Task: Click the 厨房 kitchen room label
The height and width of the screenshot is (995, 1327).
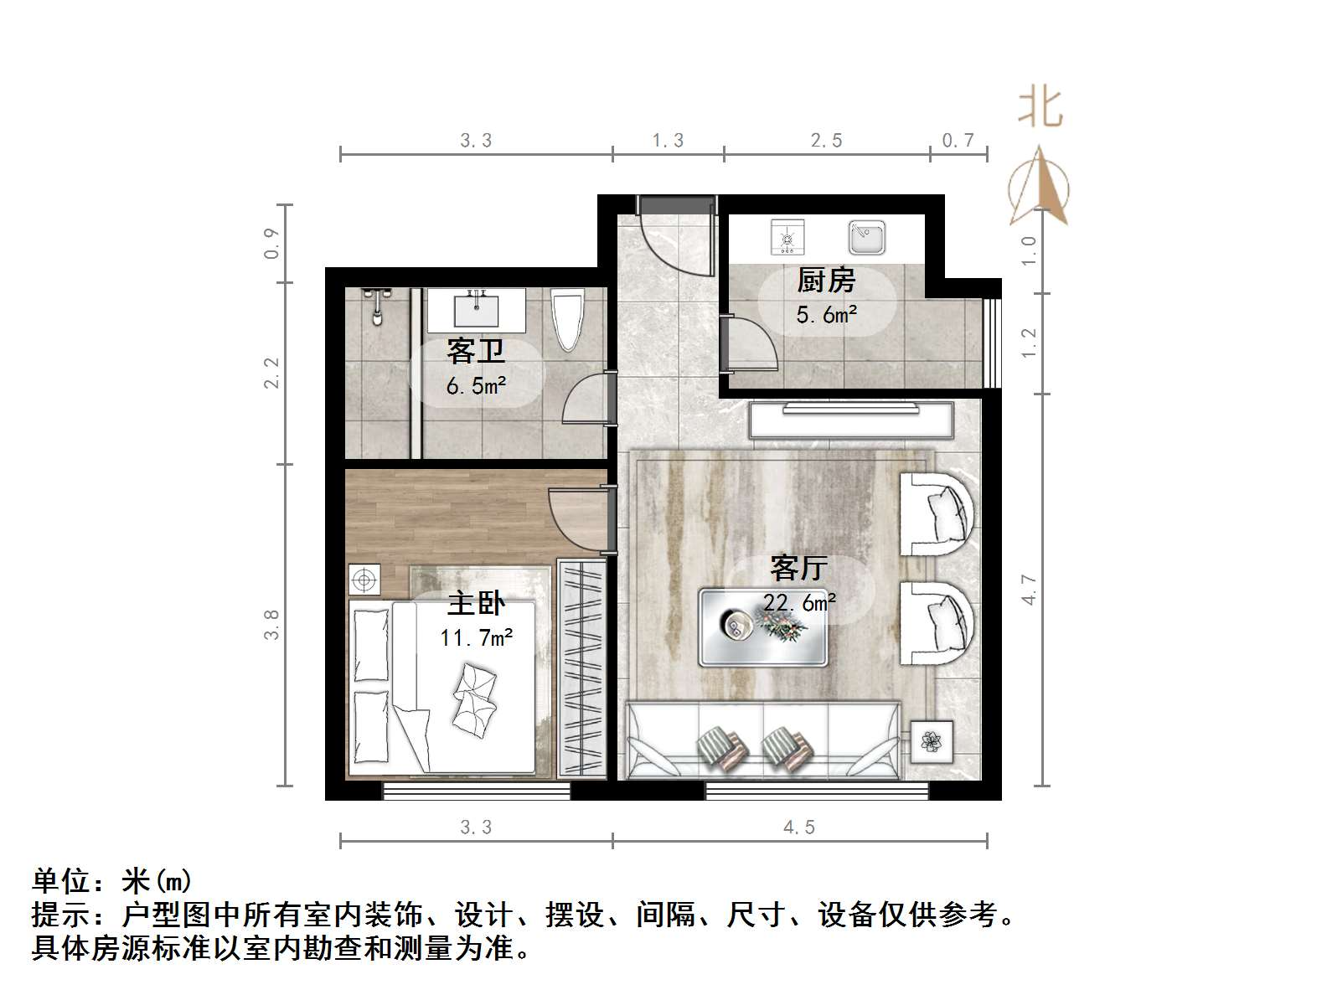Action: click(x=826, y=281)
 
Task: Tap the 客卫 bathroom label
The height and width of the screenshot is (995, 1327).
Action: click(x=476, y=351)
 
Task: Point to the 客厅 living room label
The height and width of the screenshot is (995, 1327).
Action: click(x=798, y=568)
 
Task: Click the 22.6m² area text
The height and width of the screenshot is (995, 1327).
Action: click(x=800, y=602)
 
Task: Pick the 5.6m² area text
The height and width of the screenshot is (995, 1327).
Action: click(x=826, y=315)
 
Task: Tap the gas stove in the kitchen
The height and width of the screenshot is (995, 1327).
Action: click(x=787, y=237)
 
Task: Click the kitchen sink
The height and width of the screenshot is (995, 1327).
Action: click(x=866, y=237)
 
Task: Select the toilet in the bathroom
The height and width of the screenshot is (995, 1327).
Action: click(x=568, y=319)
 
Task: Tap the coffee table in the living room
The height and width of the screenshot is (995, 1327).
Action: click(x=763, y=627)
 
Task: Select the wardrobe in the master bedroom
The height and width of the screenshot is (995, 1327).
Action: click(x=581, y=669)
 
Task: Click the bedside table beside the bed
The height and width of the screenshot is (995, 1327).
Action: click(x=364, y=580)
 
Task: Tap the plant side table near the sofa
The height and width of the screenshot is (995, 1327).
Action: click(x=932, y=740)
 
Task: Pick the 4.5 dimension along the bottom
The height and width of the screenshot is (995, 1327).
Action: click(x=798, y=827)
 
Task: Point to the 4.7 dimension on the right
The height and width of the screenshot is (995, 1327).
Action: click(x=1030, y=590)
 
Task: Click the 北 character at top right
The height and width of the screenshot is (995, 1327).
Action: click(x=1040, y=108)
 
